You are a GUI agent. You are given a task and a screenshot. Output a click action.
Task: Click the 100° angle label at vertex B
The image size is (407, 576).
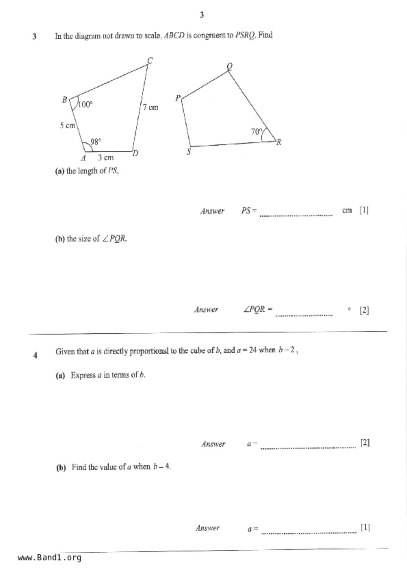(85, 104)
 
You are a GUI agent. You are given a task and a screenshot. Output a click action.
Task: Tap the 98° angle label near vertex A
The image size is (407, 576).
(95, 142)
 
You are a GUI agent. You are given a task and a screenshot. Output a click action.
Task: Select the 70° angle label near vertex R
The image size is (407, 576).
(257, 132)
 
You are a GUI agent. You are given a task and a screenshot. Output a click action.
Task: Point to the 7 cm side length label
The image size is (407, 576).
(150, 107)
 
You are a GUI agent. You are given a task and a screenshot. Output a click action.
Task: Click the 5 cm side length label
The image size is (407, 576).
(68, 125)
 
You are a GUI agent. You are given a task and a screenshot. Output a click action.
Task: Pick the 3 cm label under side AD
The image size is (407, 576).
(105, 158)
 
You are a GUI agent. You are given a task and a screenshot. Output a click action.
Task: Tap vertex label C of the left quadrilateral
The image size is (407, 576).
(150, 61)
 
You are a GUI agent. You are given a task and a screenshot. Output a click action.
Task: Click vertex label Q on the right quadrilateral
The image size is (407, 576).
(230, 66)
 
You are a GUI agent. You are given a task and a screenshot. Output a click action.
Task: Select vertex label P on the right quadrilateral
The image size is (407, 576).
(178, 98)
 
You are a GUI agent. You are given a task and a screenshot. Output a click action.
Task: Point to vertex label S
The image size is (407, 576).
(189, 152)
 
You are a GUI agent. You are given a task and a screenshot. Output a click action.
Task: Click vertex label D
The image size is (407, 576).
(135, 153)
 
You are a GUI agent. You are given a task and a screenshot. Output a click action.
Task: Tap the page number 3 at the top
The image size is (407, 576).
(202, 15)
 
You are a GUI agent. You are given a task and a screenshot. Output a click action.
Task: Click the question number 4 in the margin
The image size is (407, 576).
(35, 355)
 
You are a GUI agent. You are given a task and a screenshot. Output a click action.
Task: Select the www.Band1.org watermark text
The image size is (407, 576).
(50, 558)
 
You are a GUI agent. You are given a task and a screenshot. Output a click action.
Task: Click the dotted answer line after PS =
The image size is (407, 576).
(296, 215)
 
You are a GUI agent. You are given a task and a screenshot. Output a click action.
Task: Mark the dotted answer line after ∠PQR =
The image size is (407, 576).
(304, 315)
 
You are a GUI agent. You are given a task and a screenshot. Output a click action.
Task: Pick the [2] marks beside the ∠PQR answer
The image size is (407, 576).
(364, 310)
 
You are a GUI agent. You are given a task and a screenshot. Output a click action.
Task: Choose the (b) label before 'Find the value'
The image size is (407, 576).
(61, 467)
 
